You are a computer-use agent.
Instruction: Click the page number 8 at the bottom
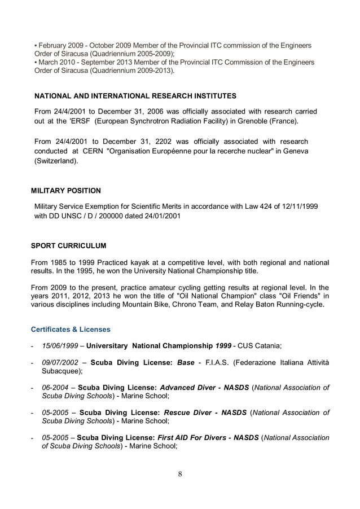180,473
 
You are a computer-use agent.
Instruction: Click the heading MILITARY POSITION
66,191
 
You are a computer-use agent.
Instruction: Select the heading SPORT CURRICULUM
68,246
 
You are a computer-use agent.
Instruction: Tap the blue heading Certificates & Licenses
71,329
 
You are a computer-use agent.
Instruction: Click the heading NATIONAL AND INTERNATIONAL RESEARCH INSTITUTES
135,95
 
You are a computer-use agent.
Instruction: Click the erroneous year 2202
166,141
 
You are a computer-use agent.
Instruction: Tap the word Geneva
296,151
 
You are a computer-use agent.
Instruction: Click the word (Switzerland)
56,161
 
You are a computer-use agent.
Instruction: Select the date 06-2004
55,388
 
